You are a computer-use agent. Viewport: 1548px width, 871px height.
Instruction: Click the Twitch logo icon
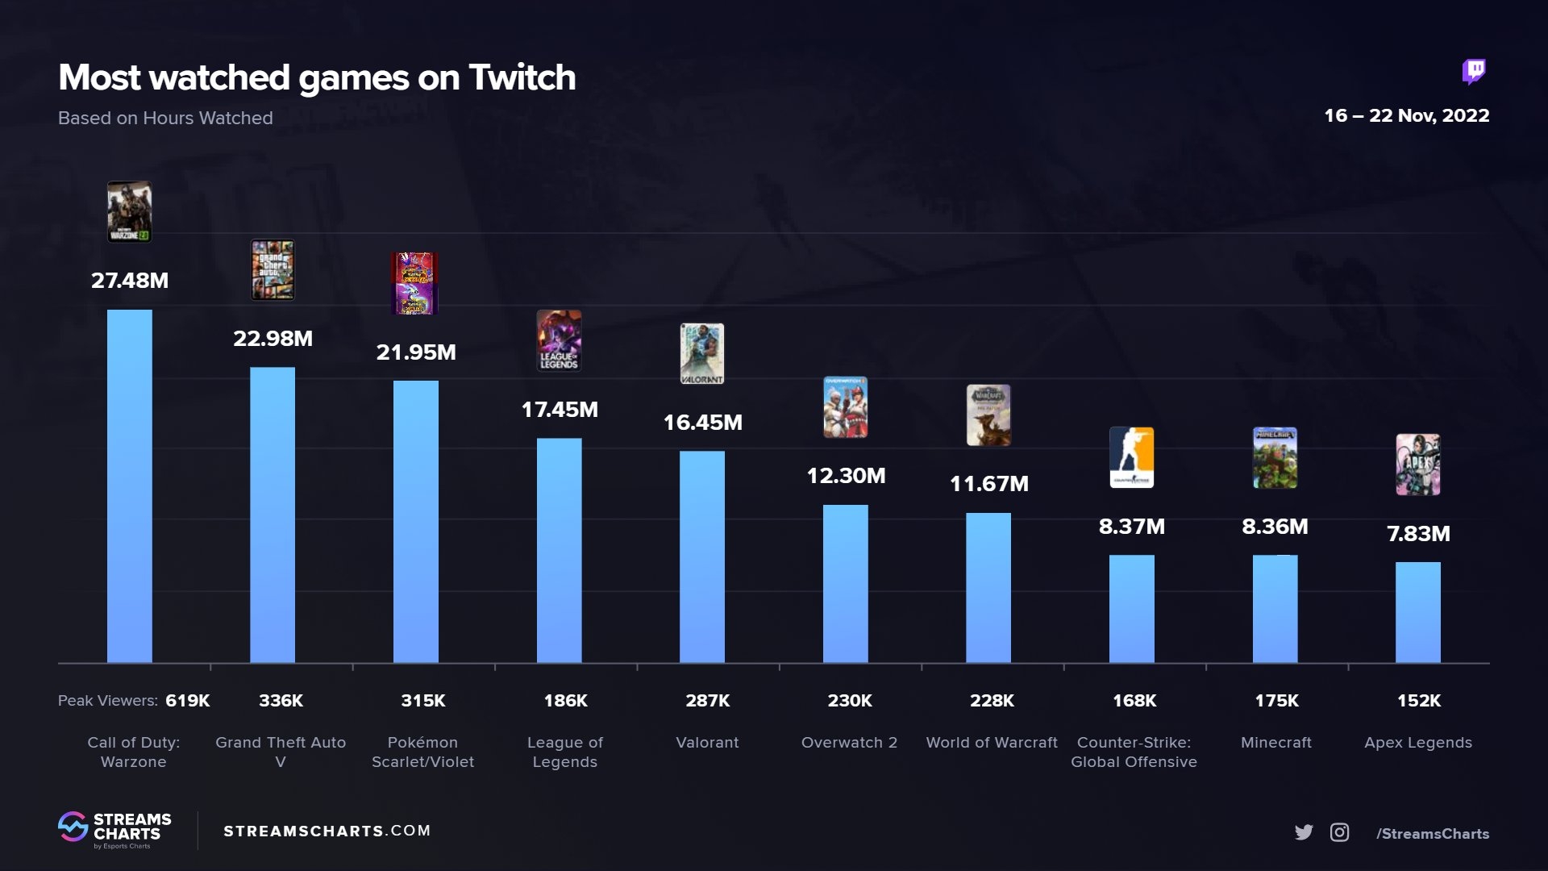coord(1474,72)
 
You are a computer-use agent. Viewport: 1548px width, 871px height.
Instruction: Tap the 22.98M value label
coord(273,339)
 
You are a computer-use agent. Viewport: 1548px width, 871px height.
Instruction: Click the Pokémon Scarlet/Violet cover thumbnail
coord(414,283)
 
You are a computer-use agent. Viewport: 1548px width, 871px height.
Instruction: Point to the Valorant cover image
coord(701,353)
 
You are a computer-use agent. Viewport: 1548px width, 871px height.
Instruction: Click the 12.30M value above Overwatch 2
coord(846,476)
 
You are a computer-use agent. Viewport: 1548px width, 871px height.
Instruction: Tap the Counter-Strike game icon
coord(1131,457)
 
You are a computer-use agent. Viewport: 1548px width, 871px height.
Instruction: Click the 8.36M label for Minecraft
coord(1275,527)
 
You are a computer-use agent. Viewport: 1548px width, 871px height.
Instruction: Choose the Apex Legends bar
coord(1417,612)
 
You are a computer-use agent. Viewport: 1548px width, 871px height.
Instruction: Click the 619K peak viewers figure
coord(187,701)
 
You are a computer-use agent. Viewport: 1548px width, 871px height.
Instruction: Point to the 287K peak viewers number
coord(707,701)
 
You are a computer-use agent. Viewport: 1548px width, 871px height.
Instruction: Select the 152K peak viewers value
coord(1418,701)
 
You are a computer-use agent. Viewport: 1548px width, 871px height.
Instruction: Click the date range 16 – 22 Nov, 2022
coord(1406,115)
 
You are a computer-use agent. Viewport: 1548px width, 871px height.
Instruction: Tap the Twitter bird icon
coord(1304,832)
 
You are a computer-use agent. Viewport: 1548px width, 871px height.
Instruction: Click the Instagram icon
coord(1339,832)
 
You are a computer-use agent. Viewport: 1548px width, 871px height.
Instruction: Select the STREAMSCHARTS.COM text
coord(327,831)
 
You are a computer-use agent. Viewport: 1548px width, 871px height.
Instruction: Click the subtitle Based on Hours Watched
coord(165,118)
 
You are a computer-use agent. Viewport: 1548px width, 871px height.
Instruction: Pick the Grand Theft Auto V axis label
coord(281,752)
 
